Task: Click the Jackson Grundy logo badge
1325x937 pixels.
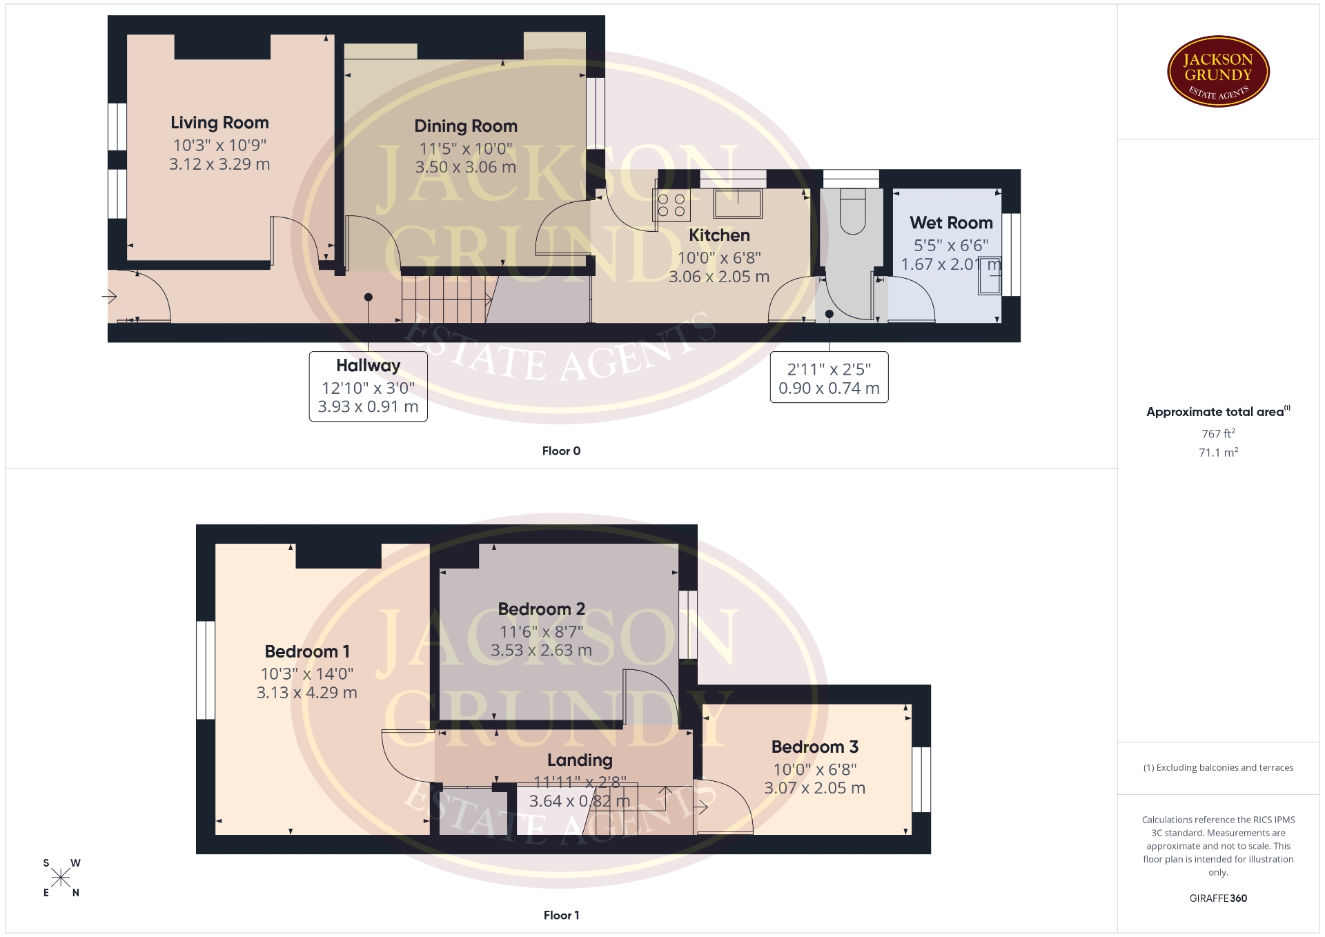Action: tap(1218, 72)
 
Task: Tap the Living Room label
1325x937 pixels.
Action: tap(219, 123)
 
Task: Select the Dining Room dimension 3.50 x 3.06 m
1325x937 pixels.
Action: tap(466, 167)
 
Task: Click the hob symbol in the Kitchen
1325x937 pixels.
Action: tap(671, 205)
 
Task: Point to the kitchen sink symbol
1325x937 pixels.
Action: tap(738, 204)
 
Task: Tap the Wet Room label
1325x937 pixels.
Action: tap(951, 223)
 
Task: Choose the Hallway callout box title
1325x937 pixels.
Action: tap(369, 366)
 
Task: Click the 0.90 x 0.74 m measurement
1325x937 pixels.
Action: tap(829, 388)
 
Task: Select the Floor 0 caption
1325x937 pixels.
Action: tap(561, 451)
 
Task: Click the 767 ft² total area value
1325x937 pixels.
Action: tap(1218, 433)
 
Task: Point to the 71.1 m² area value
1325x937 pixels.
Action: tap(1218, 452)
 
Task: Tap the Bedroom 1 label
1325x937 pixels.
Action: tap(307, 651)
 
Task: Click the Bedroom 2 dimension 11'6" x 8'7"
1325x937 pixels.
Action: tap(541, 631)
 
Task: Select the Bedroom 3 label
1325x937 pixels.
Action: tap(814, 747)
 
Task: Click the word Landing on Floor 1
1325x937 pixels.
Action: tap(580, 760)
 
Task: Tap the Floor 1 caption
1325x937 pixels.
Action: tap(561, 915)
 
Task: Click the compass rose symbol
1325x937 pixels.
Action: tap(61, 878)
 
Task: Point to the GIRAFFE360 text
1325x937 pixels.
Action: tap(1218, 898)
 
